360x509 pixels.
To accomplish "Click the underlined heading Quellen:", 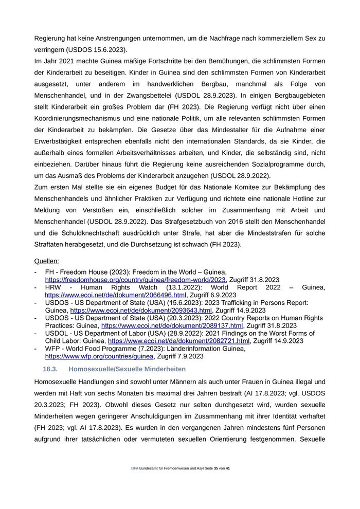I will [46, 261].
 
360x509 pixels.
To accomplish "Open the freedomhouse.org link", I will [135, 280].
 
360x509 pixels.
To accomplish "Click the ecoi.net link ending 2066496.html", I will [115, 296].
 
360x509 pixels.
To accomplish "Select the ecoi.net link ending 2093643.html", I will [141, 311].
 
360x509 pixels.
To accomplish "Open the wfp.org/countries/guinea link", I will [99, 356].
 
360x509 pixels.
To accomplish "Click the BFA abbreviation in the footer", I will [135, 469].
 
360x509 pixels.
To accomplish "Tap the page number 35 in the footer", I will [216, 469].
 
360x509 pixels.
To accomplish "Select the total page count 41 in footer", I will [228, 469].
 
